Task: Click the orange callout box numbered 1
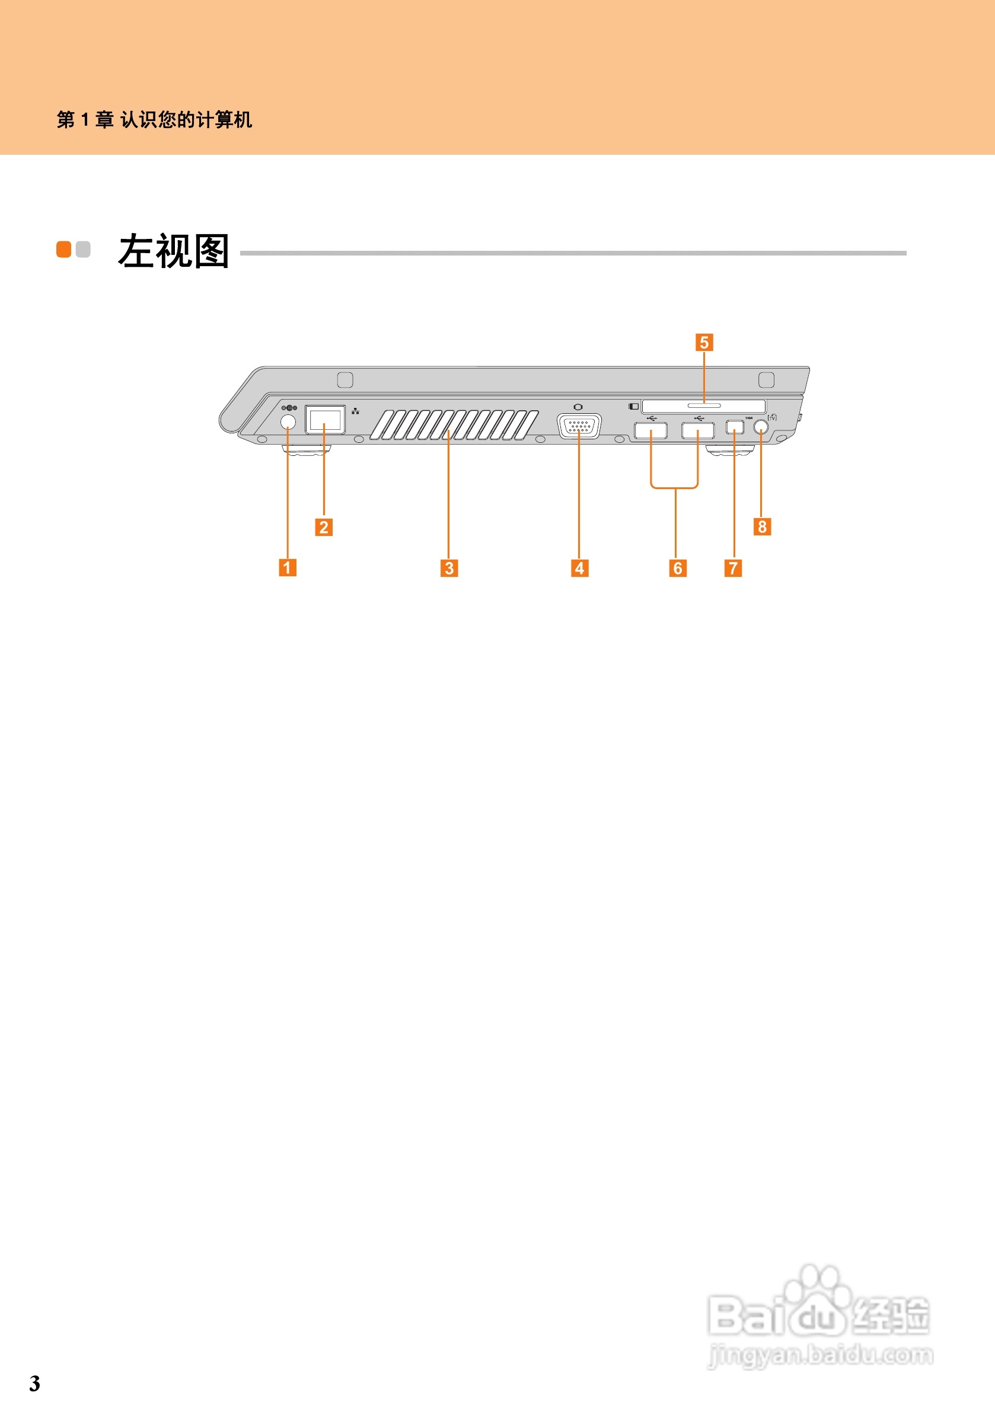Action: tap(288, 567)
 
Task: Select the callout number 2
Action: tap(324, 526)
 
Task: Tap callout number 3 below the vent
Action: tap(449, 568)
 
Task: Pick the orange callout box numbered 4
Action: tap(579, 568)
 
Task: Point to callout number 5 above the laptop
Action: tap(704, 342)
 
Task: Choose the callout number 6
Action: tap(678, 568)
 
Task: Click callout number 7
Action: tap(733, 568)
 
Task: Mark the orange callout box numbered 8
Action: tap(762, 526)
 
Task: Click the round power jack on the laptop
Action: tap(288, 422)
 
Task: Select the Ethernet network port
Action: tap(325, 420)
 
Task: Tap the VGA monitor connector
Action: tap(579, 426)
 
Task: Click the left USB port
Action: tap(651, 430)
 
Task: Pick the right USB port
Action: tap(697, 430)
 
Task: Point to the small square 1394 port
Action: tap(735, 426)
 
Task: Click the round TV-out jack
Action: tap(761, 426)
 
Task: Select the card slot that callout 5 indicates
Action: tap(704, 406)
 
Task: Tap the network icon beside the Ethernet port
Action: tap(355, 411)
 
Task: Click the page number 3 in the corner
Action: tap(35, 1383)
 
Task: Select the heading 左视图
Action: tap(174, 251)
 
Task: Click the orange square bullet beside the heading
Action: tap(64, 249)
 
